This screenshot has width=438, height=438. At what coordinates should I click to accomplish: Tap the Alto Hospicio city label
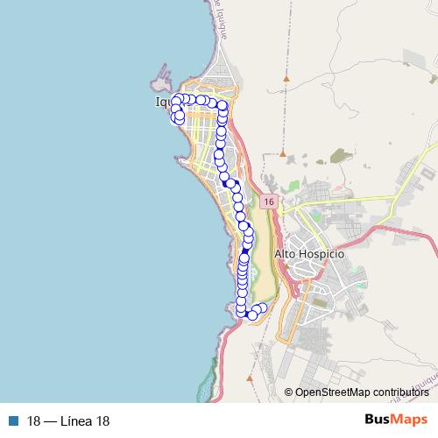click(x=310, y=253)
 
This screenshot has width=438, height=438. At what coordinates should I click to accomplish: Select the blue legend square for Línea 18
click(x=14, y=421)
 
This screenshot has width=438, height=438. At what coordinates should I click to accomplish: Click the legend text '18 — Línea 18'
click(x=68, y=421)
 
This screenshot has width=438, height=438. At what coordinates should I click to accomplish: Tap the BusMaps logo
click(x=395, y=420)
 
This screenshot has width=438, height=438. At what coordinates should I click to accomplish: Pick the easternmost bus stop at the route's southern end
click(x=262, y=308)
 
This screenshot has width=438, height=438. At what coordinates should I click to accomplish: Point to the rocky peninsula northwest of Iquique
click(x=160, y=81)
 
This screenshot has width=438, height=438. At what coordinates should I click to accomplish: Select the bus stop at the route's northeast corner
click(x=223, y=107)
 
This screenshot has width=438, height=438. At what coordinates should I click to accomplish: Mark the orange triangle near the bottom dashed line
click(x=250, y=378)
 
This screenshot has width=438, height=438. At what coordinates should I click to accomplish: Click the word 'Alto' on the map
click(x=286, y=253)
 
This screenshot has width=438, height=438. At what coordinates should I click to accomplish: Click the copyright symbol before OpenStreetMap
click(x=288, y=392)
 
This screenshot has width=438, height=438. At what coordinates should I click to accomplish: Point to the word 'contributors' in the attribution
click(x=399, y=392)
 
